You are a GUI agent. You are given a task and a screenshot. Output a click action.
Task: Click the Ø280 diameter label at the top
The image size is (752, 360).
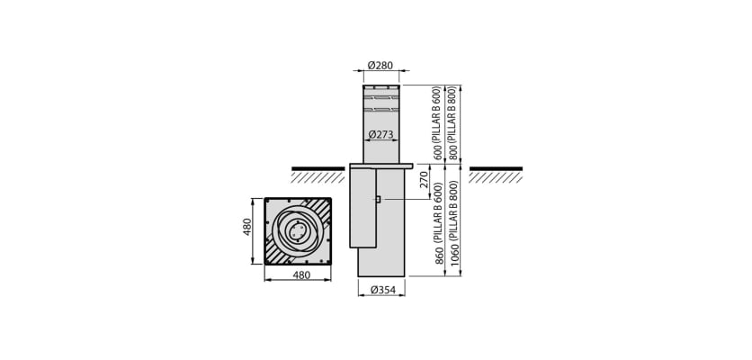[380, 65]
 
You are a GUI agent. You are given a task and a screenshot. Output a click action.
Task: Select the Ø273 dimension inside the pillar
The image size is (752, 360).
[380, 135]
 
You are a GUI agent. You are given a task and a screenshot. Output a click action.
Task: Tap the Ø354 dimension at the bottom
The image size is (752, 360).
[381, 290]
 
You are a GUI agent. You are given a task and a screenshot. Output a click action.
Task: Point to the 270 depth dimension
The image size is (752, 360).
[424, 184]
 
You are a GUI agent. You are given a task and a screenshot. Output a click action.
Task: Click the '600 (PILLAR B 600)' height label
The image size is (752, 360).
[438, 123]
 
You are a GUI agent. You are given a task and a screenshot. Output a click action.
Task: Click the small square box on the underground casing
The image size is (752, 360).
[378, 199]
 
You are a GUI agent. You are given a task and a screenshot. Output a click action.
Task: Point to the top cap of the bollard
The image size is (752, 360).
[381, 87]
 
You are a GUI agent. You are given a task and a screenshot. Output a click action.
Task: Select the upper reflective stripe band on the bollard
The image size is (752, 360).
[381, 96]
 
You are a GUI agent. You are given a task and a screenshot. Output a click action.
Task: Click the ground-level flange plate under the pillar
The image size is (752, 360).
[380, 166]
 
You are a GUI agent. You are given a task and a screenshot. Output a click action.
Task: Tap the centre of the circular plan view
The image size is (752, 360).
[297, 231]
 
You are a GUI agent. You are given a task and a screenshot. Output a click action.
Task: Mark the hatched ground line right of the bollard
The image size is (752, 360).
[495, 174]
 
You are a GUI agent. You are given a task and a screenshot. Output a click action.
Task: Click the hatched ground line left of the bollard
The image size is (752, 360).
[318, 174]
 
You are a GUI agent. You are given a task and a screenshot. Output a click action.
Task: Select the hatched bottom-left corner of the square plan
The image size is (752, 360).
[274, 256]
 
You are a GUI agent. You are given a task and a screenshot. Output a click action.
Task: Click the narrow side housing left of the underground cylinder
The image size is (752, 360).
[363, 207]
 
